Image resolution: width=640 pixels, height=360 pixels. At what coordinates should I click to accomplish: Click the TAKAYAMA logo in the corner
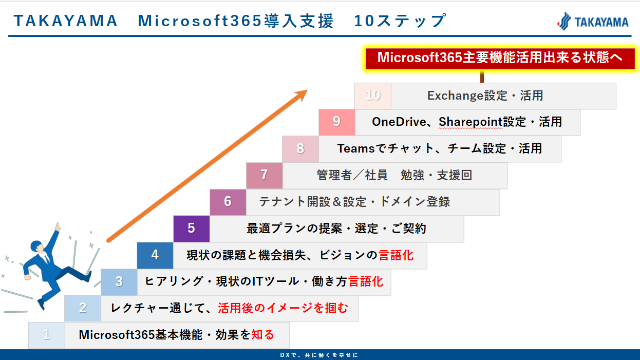coord(593,22)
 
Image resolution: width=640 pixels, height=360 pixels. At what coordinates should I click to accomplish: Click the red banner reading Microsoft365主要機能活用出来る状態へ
coord(500,58)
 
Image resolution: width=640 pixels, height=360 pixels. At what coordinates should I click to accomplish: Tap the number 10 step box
coord(373,96)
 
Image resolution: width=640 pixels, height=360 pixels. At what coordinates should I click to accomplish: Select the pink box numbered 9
coord(337,122)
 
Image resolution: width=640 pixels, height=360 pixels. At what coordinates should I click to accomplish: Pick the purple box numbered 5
coord(192,229)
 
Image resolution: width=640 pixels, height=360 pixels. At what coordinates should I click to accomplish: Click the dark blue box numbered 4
coord(155,255)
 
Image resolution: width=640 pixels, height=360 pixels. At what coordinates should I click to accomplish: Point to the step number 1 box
coord(47,335)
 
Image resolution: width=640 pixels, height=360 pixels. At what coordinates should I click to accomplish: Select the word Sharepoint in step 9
coord(470,122)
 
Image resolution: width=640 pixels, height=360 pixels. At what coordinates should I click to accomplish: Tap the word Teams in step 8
coord(356,148)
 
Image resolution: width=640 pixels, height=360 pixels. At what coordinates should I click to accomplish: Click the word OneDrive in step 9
coord(399,122)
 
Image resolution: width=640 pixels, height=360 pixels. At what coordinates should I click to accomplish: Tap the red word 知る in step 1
coord(262,335)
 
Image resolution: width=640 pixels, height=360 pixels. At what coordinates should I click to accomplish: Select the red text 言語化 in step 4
coord(396,255)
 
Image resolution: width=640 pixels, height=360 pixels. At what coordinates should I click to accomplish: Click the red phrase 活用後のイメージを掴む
coord(283,308)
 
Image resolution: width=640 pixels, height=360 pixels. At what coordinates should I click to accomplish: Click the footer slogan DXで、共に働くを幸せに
coord(319,355)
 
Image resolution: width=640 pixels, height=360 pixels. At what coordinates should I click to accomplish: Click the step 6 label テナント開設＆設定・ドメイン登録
coord(354,202)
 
